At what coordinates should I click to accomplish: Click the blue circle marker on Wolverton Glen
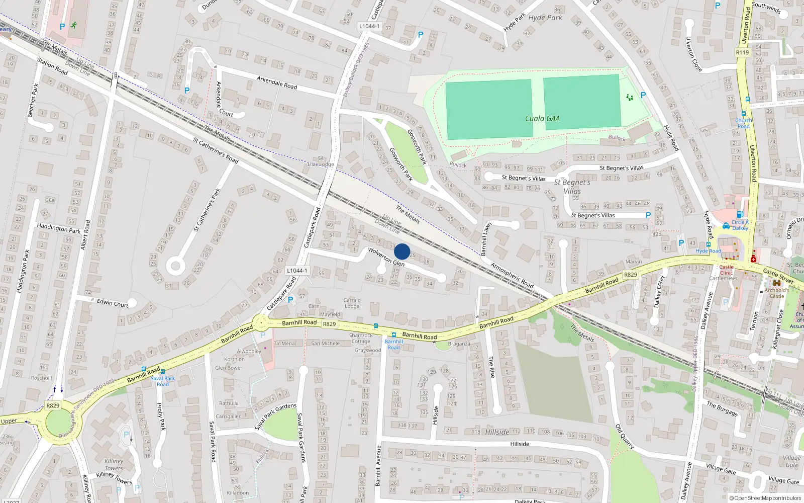tap(402, 251)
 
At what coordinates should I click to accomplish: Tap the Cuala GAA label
tap(542, 119)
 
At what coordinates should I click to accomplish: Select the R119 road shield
tap(742, 52)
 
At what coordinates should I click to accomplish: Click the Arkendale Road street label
tap(277, 82)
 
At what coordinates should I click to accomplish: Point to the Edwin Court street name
tap(113, 303)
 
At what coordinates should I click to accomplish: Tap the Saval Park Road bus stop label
tap(163, 381)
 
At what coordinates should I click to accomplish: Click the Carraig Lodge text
tap(352, 303)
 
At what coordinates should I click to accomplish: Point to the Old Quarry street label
tap(625, 437)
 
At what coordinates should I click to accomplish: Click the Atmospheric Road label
tap(512, 275)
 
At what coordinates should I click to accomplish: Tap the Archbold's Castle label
tap(777, 293)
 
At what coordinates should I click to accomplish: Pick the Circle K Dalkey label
tap(740, 225)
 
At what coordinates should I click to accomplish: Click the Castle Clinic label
tap(726, 270)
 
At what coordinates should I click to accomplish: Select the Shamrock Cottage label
tap(361, 338)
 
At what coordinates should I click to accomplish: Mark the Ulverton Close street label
tap(693, 54)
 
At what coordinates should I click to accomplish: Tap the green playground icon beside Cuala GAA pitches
tap(629, 97)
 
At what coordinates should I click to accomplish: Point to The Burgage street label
tap(722, 408)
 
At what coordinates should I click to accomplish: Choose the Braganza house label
tap(459, 344)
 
